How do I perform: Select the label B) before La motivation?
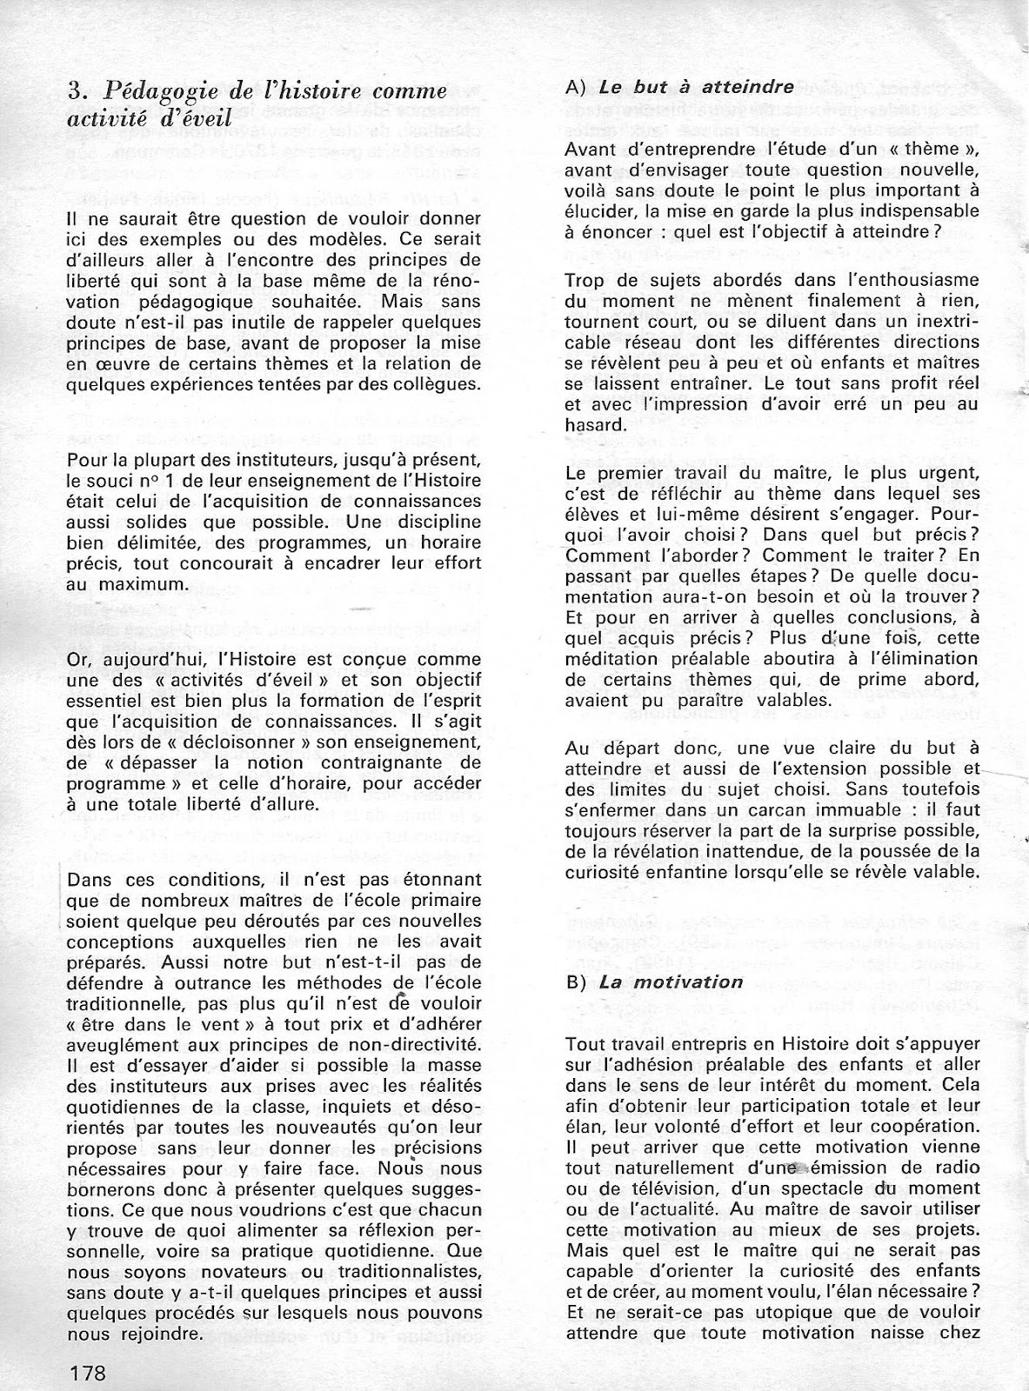[x=573, y=982]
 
